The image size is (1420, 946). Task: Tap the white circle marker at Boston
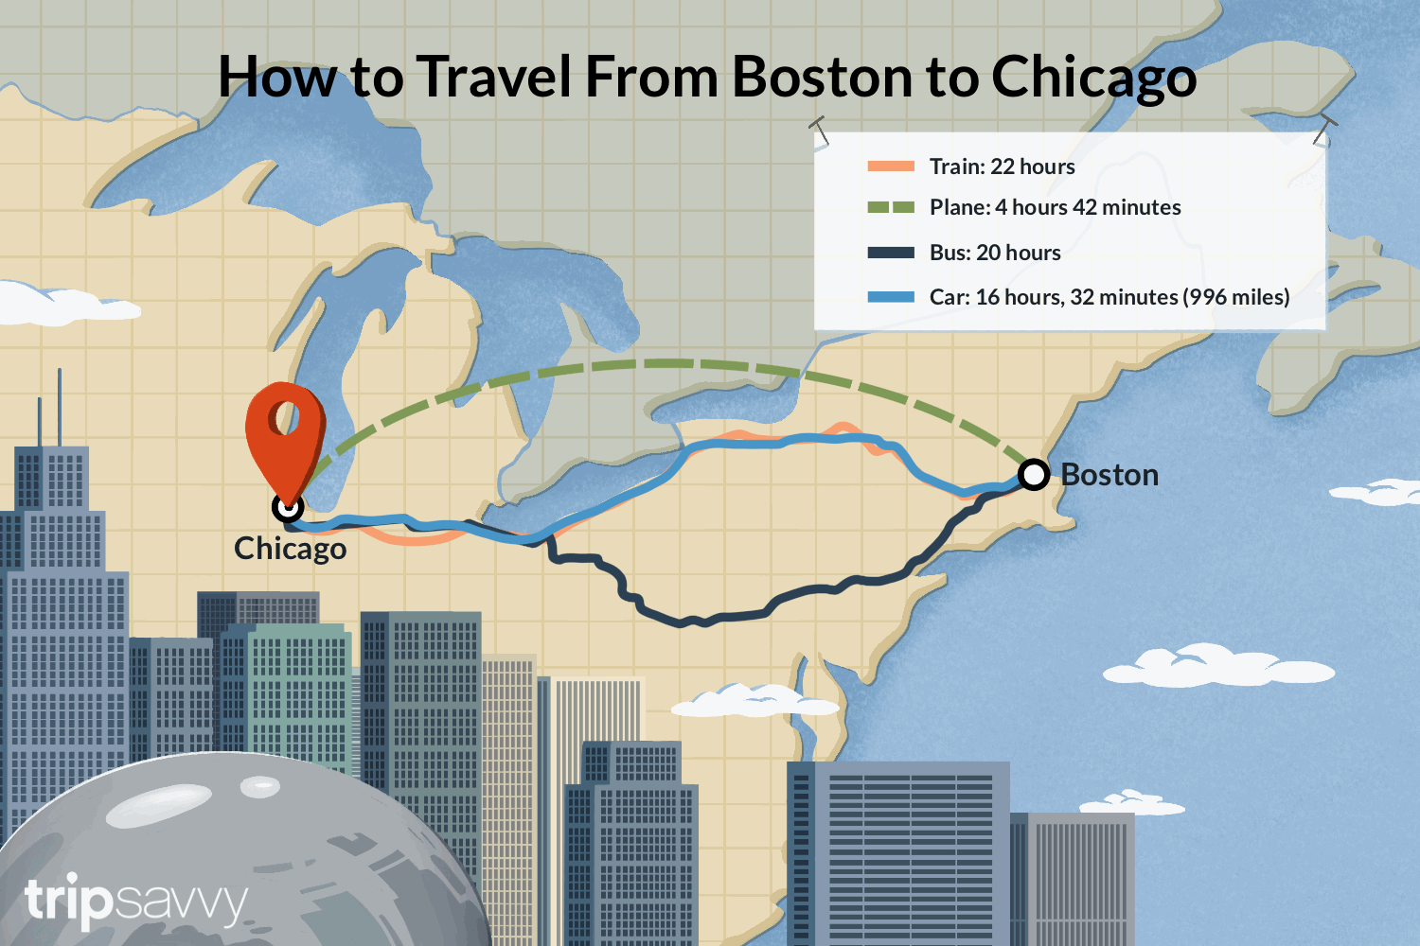pyautogui.click(x=1034, y=473)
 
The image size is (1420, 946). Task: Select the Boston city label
pyautogui.click(x=1109, y=474)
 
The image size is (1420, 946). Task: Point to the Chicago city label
pyautogui.click(x=290, y=549)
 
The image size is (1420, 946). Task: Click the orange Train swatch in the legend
pyautogui.click(x=891, y=166)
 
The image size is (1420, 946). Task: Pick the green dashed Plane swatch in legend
pyautogui.click(x=891, y=207)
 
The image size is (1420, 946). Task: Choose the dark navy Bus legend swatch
pyautogui.click(x=891, y=253)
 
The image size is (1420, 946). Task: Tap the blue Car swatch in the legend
pyautogui.click(x=891, y=297)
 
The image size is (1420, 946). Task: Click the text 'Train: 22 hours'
pyautogui.click(x=1002, y=166)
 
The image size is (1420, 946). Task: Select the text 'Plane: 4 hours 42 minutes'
pyautogui.click(x=1055, y=207)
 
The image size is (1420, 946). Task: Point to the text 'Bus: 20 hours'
pyautogui.click(x=995, y=253)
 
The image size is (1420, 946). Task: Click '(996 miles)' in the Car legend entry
pyautogui.click(x=1235, y=297)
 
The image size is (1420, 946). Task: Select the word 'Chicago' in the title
pyautogui.click(x=1093, y=78)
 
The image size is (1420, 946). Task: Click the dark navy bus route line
pyautogui.click(x=701, y=620)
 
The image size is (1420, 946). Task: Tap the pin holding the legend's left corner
pyautogui.click(x=819, y=130)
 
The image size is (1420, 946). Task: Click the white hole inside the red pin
pyautogui.click(x=282, y=415)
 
